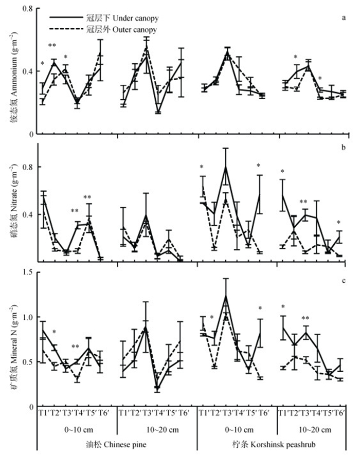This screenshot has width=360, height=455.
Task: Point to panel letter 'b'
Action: (x=343, y=148)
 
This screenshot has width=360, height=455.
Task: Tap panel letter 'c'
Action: (x=343, y=281)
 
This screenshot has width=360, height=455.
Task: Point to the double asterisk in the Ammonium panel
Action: (x=52, y=46)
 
